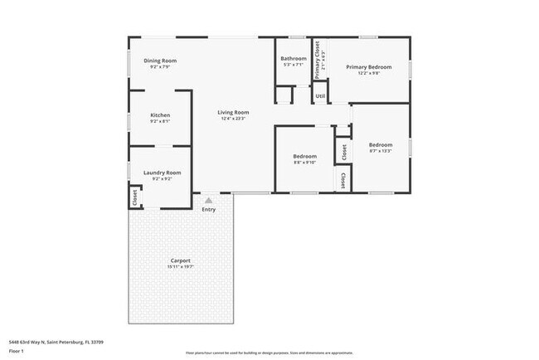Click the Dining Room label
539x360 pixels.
click(x=160, y=61)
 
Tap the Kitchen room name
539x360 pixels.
click(x=160, y=115)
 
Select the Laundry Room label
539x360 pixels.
click(x=162, y=173)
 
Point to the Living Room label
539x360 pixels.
click(x=233, y=112)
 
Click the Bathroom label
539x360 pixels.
click(x=294, y=59)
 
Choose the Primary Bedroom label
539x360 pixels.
click(x=368, y=67)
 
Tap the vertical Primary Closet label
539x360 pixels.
click(x=317, y=60)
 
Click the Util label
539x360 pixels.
click(x=320, y=96)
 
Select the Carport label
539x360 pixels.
click(x=181, y=260)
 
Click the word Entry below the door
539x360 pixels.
click(x=209, y=209)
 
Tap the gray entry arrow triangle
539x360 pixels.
click(x=209, y=200)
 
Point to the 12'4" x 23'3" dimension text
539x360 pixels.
click(x=233, y=119)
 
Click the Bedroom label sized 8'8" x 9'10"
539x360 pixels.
click(x=304, y=156)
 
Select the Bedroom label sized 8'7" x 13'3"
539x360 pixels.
click(x=381, y=145)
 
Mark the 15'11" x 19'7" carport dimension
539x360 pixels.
click(x=181, y=267)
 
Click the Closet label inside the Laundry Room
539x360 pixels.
click(x=134, y=197)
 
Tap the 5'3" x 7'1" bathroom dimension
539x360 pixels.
click(x=294, y=66)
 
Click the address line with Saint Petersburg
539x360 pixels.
click(x=56, y=341)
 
